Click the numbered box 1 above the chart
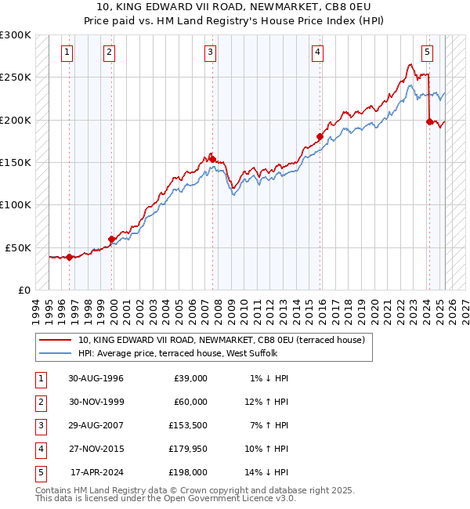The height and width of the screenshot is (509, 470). (x=67, y=52)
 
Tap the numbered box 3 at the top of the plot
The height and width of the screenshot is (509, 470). (x=211, y=52)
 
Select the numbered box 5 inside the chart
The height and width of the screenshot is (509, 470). (x=427, y=52)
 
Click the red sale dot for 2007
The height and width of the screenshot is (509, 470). (x=212, y=159)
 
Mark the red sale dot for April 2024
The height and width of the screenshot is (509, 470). (x=429, y=121)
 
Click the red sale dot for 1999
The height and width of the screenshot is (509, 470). (x=111, y=239)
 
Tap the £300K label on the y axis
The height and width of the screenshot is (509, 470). (x=16, y=35)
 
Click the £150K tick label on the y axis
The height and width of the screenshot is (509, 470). (x=16, y=162)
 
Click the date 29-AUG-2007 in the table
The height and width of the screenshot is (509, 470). (x=96, y=425)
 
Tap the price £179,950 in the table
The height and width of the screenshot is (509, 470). (x=188, y=449)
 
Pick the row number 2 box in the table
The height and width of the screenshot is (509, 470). (x=39, y=402)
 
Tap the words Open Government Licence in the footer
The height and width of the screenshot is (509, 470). (x=211, y=498)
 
